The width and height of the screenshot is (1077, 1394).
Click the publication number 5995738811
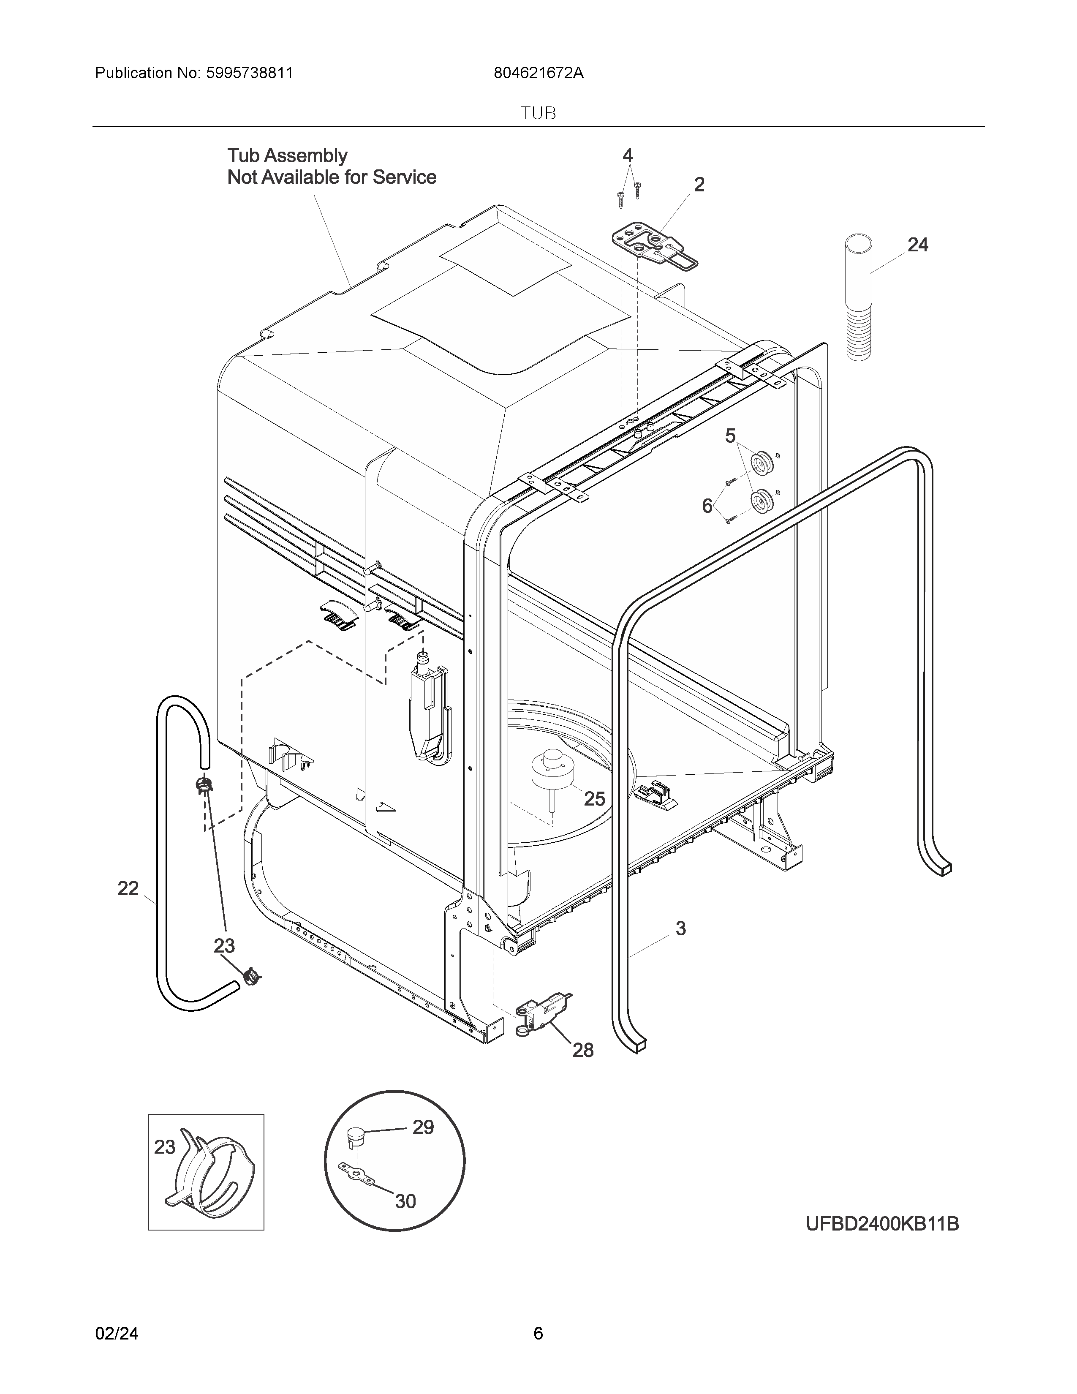249,73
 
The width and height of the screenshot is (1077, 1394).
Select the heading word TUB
538,114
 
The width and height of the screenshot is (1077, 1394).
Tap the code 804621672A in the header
538,73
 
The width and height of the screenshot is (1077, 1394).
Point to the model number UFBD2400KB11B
882,1224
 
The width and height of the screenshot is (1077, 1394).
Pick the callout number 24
917,245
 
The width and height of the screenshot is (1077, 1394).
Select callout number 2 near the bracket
699,185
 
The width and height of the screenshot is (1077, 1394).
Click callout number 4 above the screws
628,155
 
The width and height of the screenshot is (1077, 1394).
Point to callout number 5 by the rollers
731,436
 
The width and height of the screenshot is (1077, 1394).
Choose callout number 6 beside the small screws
707,506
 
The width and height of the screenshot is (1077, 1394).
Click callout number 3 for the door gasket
681,928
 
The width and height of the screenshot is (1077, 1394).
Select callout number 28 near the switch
582,1050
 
